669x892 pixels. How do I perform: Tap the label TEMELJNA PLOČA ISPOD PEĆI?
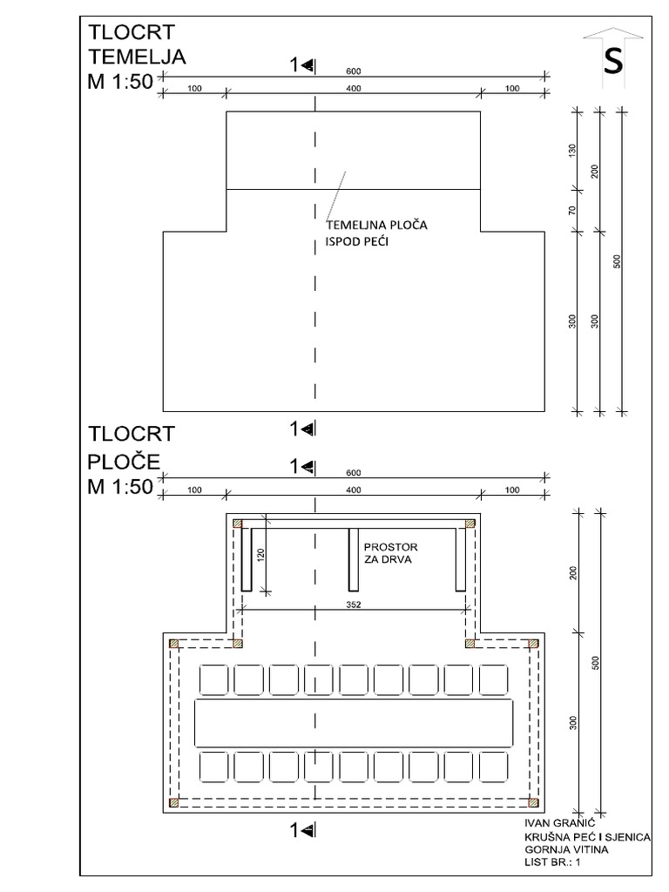370,233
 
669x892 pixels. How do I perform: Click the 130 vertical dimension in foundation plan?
572,149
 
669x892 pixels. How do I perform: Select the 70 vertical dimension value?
572,210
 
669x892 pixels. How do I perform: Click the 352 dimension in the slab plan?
352,604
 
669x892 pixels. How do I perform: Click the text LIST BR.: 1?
552,862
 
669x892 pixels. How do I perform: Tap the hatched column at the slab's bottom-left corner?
174,801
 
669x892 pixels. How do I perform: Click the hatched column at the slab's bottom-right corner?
533,801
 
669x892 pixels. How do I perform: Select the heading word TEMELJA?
138,57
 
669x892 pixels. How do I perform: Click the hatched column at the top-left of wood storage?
237,524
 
